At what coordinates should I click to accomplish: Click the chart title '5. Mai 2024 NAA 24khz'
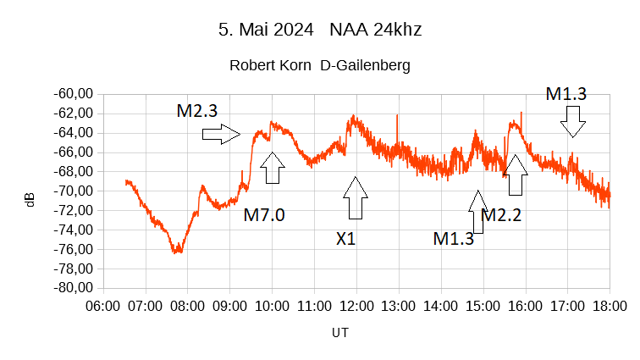(320, 30)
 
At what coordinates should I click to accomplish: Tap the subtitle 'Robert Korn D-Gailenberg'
(320, 65)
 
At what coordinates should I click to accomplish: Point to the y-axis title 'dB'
(30, 200)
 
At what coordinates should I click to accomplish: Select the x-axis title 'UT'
(339, 333)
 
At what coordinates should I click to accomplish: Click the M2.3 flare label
(197, 110)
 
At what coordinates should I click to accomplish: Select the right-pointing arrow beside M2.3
(222, 133)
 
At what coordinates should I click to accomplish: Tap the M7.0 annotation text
(264, 215)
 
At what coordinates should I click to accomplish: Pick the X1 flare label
(345, 239)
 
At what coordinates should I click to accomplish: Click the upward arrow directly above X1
(356, 198)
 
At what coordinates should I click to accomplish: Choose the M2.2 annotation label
(501, 215)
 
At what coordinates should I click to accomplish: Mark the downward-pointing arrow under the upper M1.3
(573, 121)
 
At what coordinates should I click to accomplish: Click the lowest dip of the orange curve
(177, 252)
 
